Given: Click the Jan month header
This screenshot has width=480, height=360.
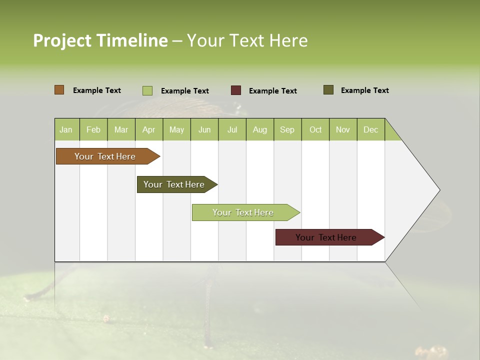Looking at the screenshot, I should (66, 129).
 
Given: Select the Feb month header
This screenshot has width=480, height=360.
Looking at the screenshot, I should (93, 129).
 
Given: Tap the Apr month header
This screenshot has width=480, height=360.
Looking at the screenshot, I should (148, 129).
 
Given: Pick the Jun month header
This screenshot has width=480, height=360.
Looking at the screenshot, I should (204, 129).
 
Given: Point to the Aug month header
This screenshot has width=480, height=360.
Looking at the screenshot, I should (259, 129).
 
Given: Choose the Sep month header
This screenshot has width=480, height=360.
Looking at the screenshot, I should (287, 129).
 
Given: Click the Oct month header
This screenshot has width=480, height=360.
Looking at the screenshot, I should (315, 129).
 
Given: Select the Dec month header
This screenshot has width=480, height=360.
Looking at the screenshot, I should (370, 129).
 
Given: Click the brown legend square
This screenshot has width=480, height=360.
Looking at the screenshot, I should (59, 90).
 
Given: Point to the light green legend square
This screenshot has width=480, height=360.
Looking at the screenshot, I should (147, 90).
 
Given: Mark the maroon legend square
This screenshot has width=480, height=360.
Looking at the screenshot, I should (235, 90).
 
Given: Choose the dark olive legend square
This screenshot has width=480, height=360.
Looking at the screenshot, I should (328, 90).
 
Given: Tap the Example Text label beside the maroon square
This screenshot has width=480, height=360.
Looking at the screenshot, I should (272, 91).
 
